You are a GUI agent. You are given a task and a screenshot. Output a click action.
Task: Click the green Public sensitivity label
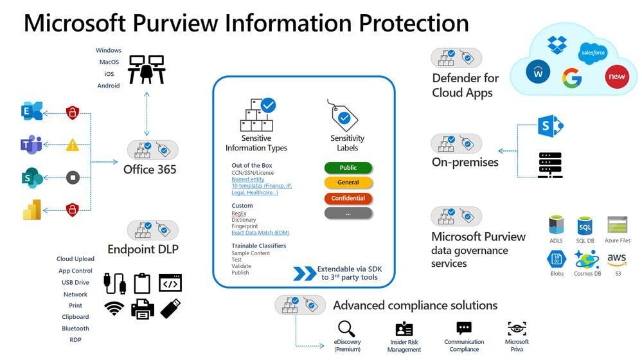click(x=348, y=168)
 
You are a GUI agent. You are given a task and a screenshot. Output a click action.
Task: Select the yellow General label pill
click(x=348, y=183)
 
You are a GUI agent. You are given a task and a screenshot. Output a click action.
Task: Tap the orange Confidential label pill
click(x=348, y=198)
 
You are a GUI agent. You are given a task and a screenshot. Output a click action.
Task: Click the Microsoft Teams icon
click(x=31, y=145)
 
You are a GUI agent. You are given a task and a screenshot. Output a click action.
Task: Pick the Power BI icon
click(x=31, y=210)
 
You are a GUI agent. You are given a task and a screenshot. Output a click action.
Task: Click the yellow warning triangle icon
click(x=73, y=145)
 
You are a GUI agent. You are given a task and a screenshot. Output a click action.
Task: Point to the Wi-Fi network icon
click(x=114, y=309)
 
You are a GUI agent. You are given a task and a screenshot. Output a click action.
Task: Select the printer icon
click(x=142, y=309)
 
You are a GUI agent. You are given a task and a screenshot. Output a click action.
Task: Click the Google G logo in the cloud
click(x=571, y=78)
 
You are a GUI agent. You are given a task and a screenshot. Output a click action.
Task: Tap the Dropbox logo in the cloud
click(x=557, y=44)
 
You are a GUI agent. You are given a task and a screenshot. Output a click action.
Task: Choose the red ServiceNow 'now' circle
click(x=615, y=77)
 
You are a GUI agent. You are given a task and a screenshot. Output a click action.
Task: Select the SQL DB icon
click(x=585, y=226)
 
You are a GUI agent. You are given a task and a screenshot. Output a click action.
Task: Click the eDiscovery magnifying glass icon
click(x=347, y=328)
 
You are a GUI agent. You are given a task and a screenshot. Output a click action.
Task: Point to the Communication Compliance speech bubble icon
click(x=464, y=328)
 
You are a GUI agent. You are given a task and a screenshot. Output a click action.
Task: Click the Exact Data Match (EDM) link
click(x=261, y=233)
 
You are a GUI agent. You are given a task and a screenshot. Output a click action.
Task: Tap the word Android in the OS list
click(x=109, y=85)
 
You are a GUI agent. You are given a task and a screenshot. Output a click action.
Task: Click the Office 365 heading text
click(x=150, y=170)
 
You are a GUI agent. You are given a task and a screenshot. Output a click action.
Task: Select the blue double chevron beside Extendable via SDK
click(x=304, y=273)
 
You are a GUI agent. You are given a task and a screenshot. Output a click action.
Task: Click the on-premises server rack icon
click(x=550, y=165)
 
